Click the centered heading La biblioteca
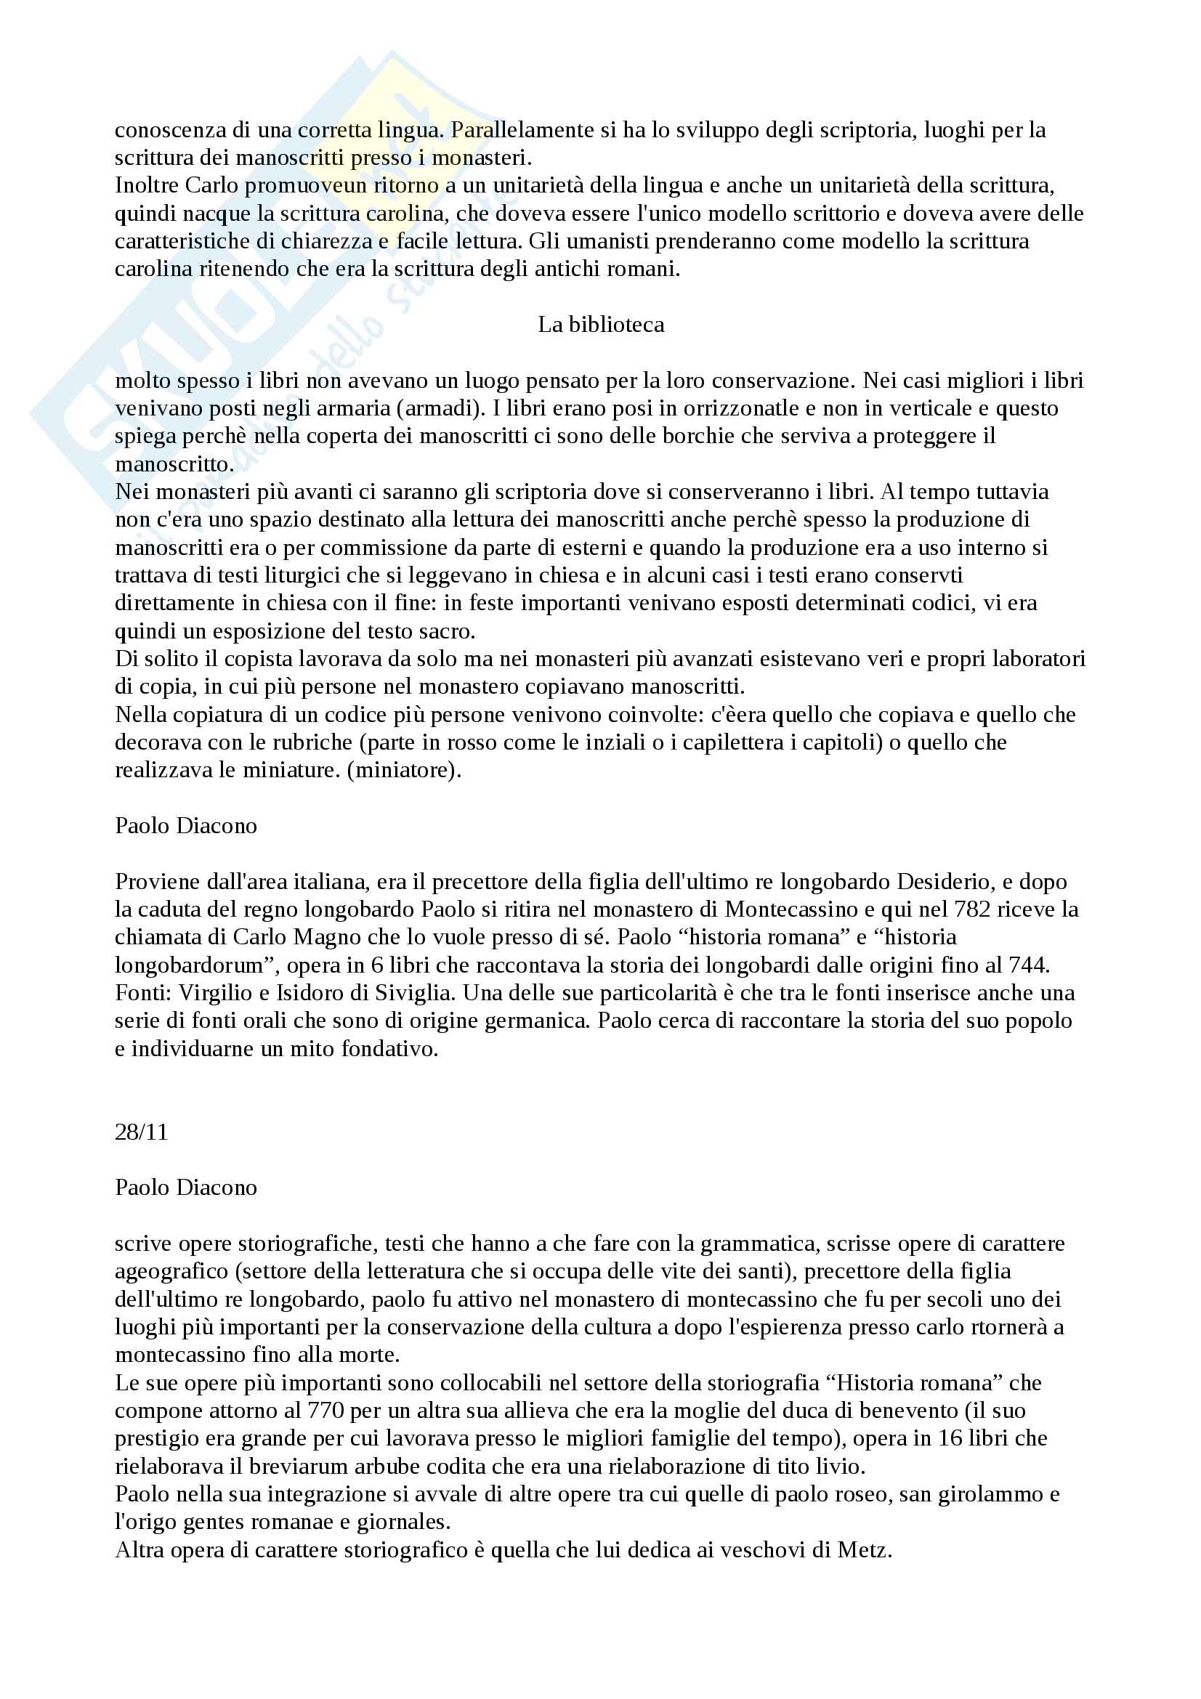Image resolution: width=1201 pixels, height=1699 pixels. point(600,325)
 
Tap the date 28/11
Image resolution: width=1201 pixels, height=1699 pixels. point(142,1132)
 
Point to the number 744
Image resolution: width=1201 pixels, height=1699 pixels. point(1030,965)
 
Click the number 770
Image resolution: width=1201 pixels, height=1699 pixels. point(325,1411)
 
